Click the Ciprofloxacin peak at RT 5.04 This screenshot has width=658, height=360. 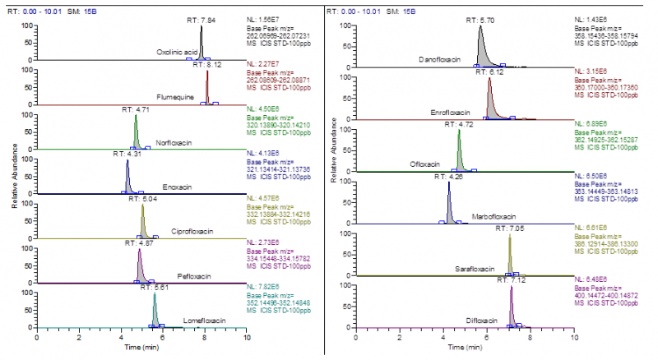tap(143, 221)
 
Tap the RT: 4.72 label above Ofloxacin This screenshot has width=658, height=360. tap(458, 124)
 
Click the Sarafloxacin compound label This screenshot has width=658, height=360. tap(475, 269)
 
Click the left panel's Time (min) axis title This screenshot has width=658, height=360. tap(141, 348)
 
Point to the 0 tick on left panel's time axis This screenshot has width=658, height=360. tap(37, 337)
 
